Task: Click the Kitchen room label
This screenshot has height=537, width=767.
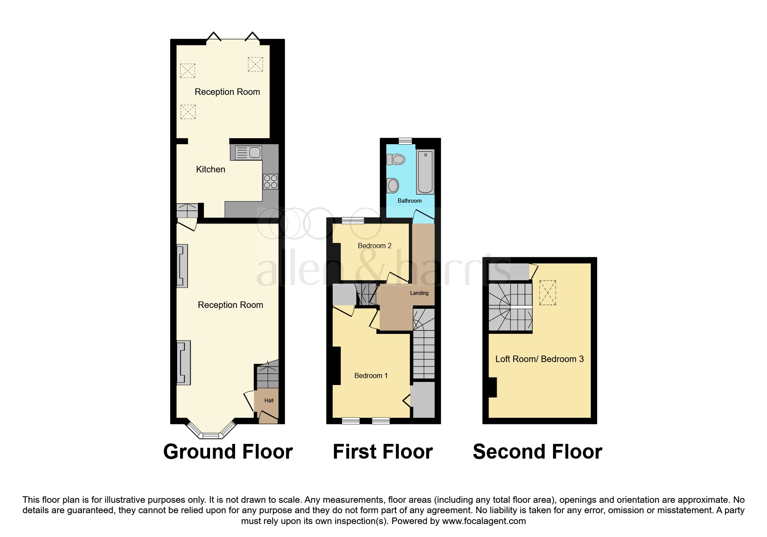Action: [210, 169]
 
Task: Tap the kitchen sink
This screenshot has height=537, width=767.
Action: [249, 152]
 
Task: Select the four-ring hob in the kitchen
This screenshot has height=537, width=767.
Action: [271, 181]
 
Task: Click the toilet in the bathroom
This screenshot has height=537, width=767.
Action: [395, 159]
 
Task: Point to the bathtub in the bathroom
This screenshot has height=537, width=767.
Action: [425, 171]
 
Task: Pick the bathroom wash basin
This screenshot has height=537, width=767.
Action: [392, 186]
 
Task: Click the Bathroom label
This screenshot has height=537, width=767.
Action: [410, 201]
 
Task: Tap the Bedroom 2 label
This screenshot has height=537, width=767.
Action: [375, 246]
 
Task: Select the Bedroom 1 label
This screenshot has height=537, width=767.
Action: [371, 375]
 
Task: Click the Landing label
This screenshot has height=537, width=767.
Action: [419, 293]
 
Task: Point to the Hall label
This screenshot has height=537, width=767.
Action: [269, 401]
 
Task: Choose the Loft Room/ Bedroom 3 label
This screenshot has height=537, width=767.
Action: [540, 359]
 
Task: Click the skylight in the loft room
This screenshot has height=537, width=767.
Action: [547, 293]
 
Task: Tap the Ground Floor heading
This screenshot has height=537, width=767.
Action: [228, 452]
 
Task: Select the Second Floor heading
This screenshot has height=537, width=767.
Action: [537, 452]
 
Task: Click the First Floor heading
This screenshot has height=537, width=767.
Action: [383, 452]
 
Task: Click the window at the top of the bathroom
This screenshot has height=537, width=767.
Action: [405, 141]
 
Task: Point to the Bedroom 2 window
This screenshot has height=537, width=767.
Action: [353, 220]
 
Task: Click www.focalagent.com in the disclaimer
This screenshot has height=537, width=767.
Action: [484, 521]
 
